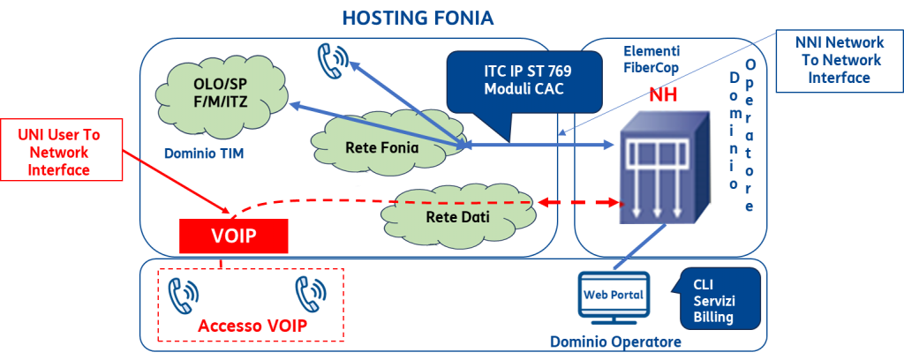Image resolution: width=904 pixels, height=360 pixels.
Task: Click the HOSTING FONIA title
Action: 418,18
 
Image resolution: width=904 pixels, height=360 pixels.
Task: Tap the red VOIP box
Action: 233,236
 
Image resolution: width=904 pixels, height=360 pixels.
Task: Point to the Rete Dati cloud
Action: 448,216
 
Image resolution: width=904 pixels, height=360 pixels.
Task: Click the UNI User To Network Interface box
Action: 64,152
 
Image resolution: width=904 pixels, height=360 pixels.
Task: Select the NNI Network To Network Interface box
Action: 839,60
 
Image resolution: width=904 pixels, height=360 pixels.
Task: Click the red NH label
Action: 663,96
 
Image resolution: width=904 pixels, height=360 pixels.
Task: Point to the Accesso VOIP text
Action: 252,326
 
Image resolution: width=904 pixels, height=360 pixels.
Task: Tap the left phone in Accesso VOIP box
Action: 184,295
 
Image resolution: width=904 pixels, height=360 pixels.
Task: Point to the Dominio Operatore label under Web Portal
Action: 615,341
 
